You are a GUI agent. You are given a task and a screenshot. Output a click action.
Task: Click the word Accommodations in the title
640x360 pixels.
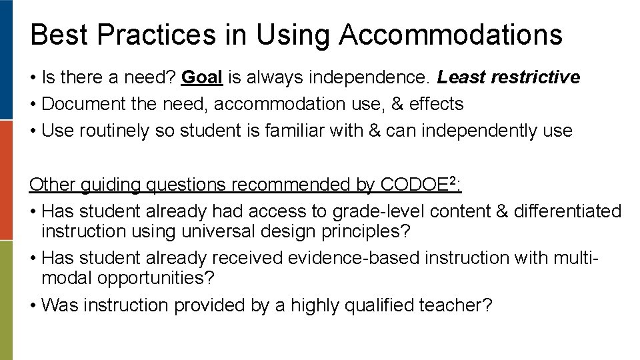click(450, 35)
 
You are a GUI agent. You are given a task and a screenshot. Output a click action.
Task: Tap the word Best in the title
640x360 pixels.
click(55, 35)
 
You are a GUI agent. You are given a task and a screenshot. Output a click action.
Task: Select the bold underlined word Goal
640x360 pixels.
click(202, 78)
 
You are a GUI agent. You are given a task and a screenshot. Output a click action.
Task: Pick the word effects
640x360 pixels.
click(436, 105)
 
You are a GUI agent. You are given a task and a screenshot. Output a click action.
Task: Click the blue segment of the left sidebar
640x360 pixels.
click(6, 60)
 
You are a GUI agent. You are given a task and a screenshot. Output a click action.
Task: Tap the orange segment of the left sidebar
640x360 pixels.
click(6, 180)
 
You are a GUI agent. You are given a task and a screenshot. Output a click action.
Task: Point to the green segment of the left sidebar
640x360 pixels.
click(6, 300)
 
